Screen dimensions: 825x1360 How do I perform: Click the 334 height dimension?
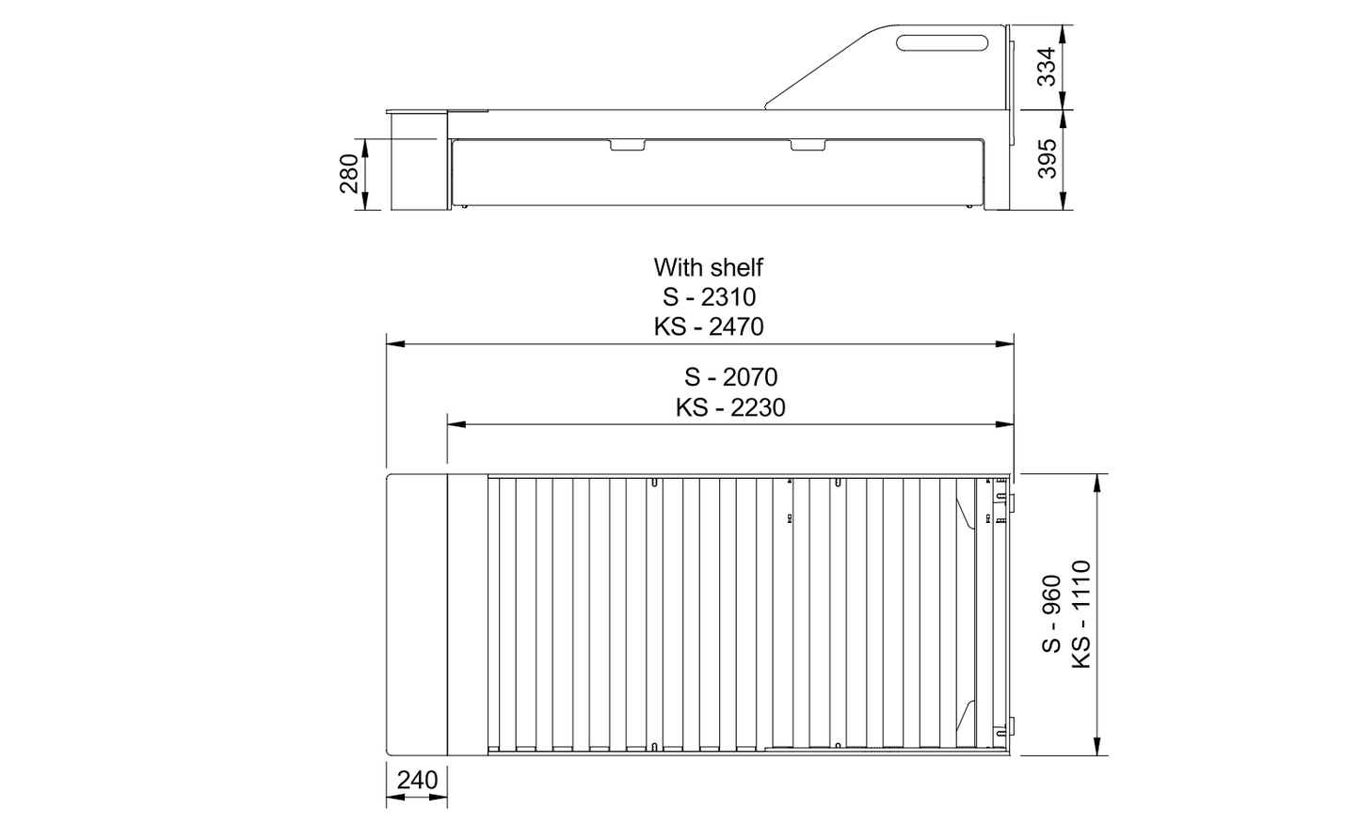point(1046,65)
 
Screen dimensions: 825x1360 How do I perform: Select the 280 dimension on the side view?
point(349,174)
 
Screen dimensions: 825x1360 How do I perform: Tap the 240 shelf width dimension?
point(417,780)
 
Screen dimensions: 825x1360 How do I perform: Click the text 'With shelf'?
point(708,267)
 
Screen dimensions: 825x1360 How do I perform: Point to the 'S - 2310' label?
point(708,297)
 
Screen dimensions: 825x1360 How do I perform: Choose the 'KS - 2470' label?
point(708,326)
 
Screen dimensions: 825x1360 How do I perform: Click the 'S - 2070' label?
point(730,377)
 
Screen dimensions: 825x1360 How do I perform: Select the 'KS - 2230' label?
point(730,407)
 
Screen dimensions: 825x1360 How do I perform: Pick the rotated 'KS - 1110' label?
point(1080,613)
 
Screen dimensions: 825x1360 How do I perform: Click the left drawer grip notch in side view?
point(628,145)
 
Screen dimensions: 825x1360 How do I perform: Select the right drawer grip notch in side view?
point(809,145)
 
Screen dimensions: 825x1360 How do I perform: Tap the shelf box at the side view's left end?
point(415,160)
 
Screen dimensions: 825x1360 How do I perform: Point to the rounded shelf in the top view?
point(416,614)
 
